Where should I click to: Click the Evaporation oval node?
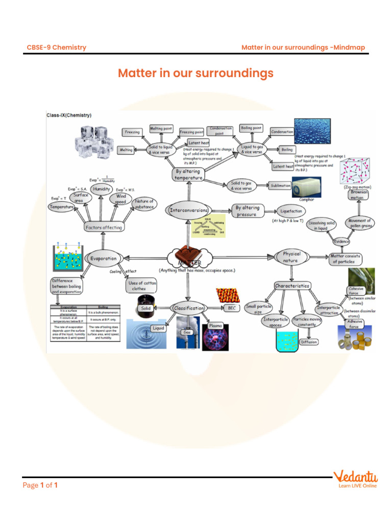point(104,258)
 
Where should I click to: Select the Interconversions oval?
point(188,210)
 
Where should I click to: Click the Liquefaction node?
point(291,210)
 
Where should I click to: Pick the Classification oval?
point(189,308)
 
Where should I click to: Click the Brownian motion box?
point(357,195)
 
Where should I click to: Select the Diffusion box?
point(308,342)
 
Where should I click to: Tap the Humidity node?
point(102,189)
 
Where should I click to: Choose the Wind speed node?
point(121,199)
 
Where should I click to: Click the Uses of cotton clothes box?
point(143,286)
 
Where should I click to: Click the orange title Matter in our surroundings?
point(195,73)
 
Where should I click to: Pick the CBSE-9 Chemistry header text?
point(56,47)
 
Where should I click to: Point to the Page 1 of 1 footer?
point(40,485)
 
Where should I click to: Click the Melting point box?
point(161,129)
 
